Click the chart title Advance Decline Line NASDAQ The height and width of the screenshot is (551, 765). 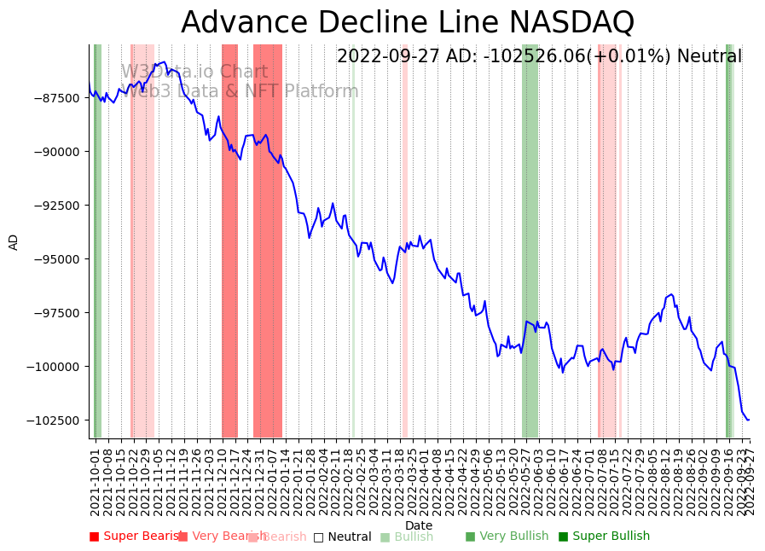pyautogui.click(x=408, y=22)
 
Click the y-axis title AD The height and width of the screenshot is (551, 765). pyautogui.click(x=14, y=241)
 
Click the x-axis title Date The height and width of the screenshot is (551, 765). pyautogui.click(x=419, y=525)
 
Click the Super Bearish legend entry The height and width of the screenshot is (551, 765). pyautogui.click(x=136, y=536)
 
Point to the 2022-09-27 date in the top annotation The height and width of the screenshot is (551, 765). pyautogui.click(x=389, y=57)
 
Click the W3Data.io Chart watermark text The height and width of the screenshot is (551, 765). pyautogui.click(x=194, y=72)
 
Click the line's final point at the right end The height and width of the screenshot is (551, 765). pyautogui.click(x=748, y=420)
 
